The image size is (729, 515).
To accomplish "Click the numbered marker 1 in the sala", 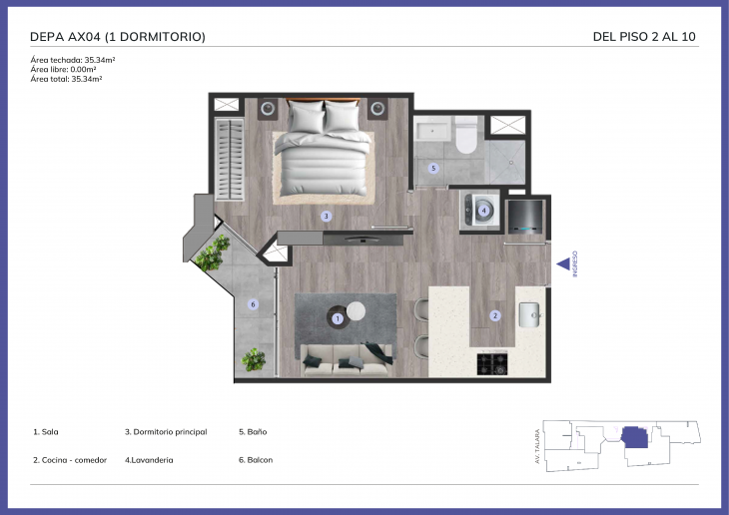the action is pyautogui.click(x=338, y=318).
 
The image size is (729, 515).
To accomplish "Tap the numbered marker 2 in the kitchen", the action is pyautogui.click(x=495, y=315).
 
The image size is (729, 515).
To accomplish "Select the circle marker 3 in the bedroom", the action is pyautogui.click(x=327, y=216).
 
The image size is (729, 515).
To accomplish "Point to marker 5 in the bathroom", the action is pyautogui.click(x=433, y=168).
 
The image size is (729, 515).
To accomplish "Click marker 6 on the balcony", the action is pyautogui.click(x=253, y=304).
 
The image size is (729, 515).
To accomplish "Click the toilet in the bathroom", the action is pyautogui.click(x=465, y=135).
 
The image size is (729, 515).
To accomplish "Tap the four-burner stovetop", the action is pyautogui.click(x=492, y=364).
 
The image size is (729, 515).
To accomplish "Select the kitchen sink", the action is pyautogui.click(x=530, y=314).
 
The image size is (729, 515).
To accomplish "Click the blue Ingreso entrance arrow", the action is pyautogui.click(x=563, y=264).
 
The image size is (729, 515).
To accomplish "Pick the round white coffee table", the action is pyautogui.click(x=356, y=311).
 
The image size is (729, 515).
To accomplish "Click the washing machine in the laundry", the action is pyautogui.click(x=480, y=211).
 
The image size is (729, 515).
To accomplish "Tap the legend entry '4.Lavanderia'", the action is pyautogui.click(x=149, y=460).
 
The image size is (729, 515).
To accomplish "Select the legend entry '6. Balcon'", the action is pyautogui.click(x=256, y=460).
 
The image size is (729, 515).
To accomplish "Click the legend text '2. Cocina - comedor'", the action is pyautogui.click(x=70, y=460).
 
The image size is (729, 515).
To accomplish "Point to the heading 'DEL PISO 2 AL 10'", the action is pyautogui.click(x=644, y=37).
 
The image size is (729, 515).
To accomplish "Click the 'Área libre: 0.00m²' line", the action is pyautogui.click(x=63, y=69).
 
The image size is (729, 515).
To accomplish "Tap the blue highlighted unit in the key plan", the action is pyautogui.click(x=635, y=437).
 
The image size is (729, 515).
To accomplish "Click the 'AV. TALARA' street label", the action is pyautogui.click(x=537, y=446).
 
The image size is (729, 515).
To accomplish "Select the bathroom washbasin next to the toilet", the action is pyautogui.click(x=432, y=129).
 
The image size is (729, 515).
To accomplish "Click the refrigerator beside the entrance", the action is pyautogui.click(x=525, y=217).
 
